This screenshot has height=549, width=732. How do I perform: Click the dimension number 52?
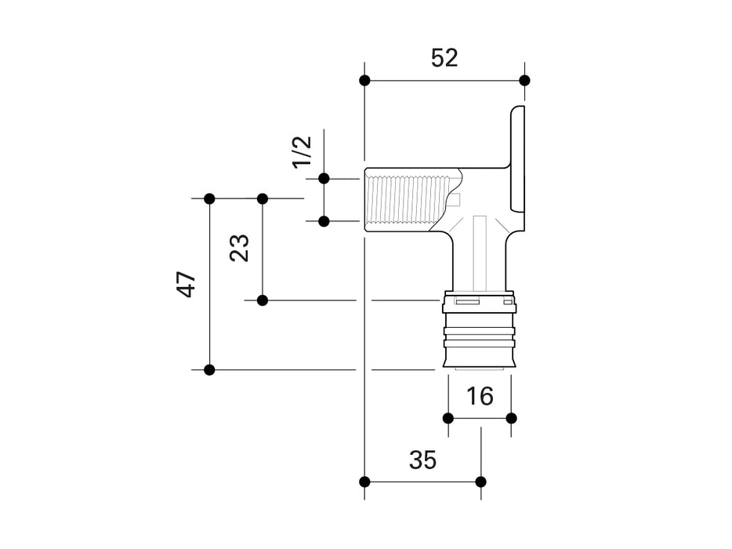(444, 58)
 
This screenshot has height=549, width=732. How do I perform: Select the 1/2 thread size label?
(303, 151)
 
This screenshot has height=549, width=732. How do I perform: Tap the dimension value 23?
(241, 248)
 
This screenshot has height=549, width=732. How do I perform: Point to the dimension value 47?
(187, 284)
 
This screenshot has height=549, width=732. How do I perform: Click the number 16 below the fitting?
(480, 396)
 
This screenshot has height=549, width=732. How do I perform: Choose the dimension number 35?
(422, 460)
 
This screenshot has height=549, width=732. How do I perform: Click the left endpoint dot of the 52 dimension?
(364, 80)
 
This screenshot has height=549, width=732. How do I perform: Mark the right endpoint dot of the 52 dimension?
(524, 80)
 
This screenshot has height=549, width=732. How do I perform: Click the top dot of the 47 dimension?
(209, 198)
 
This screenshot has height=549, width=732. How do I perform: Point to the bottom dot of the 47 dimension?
(209, 369)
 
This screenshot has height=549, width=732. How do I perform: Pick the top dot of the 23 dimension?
(263, 198)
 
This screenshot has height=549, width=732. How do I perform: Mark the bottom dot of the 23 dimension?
(263, 300)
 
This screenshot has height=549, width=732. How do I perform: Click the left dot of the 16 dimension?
(448, 417)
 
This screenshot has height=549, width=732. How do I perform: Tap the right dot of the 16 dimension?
(511, 417)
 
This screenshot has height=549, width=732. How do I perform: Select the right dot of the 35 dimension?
(480, 481)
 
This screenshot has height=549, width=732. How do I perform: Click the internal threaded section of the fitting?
(408, 200)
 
